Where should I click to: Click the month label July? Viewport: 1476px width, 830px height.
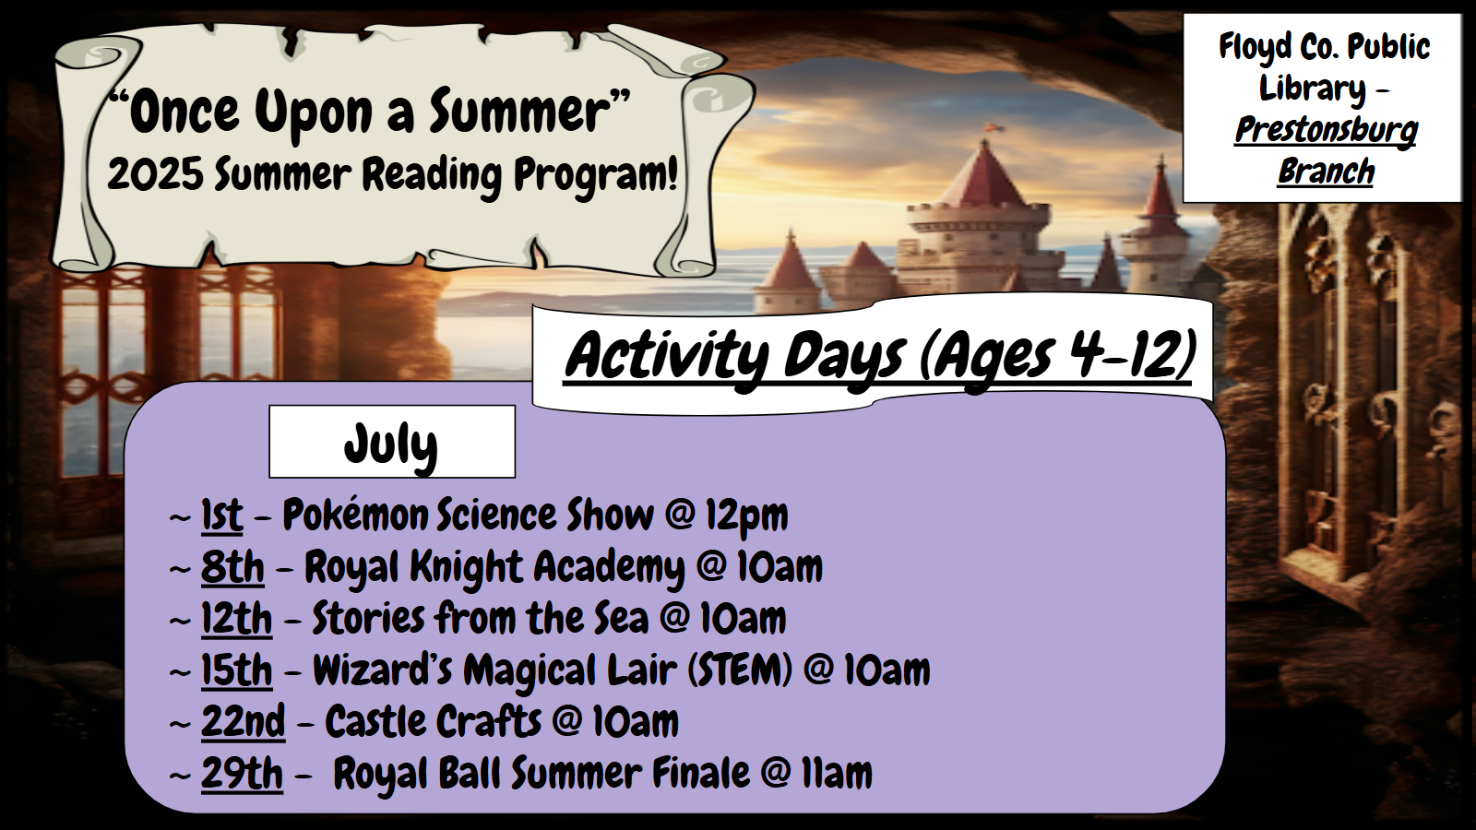point(391,445)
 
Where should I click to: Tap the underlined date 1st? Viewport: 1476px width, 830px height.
point(222,515)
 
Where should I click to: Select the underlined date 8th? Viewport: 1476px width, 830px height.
point(232,566)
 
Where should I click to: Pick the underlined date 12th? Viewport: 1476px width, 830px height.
point(236,619)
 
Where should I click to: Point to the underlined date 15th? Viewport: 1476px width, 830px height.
point(236,670)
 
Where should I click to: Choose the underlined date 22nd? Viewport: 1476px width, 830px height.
point(244,721)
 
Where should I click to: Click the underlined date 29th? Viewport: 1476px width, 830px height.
point(242,774)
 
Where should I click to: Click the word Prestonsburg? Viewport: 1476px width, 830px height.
point(1326,131)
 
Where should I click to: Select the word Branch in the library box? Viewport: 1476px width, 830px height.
point(1326,172)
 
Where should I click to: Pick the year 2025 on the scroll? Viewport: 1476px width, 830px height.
point(156,175)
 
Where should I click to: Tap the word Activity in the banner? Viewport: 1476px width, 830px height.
point(666,358)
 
